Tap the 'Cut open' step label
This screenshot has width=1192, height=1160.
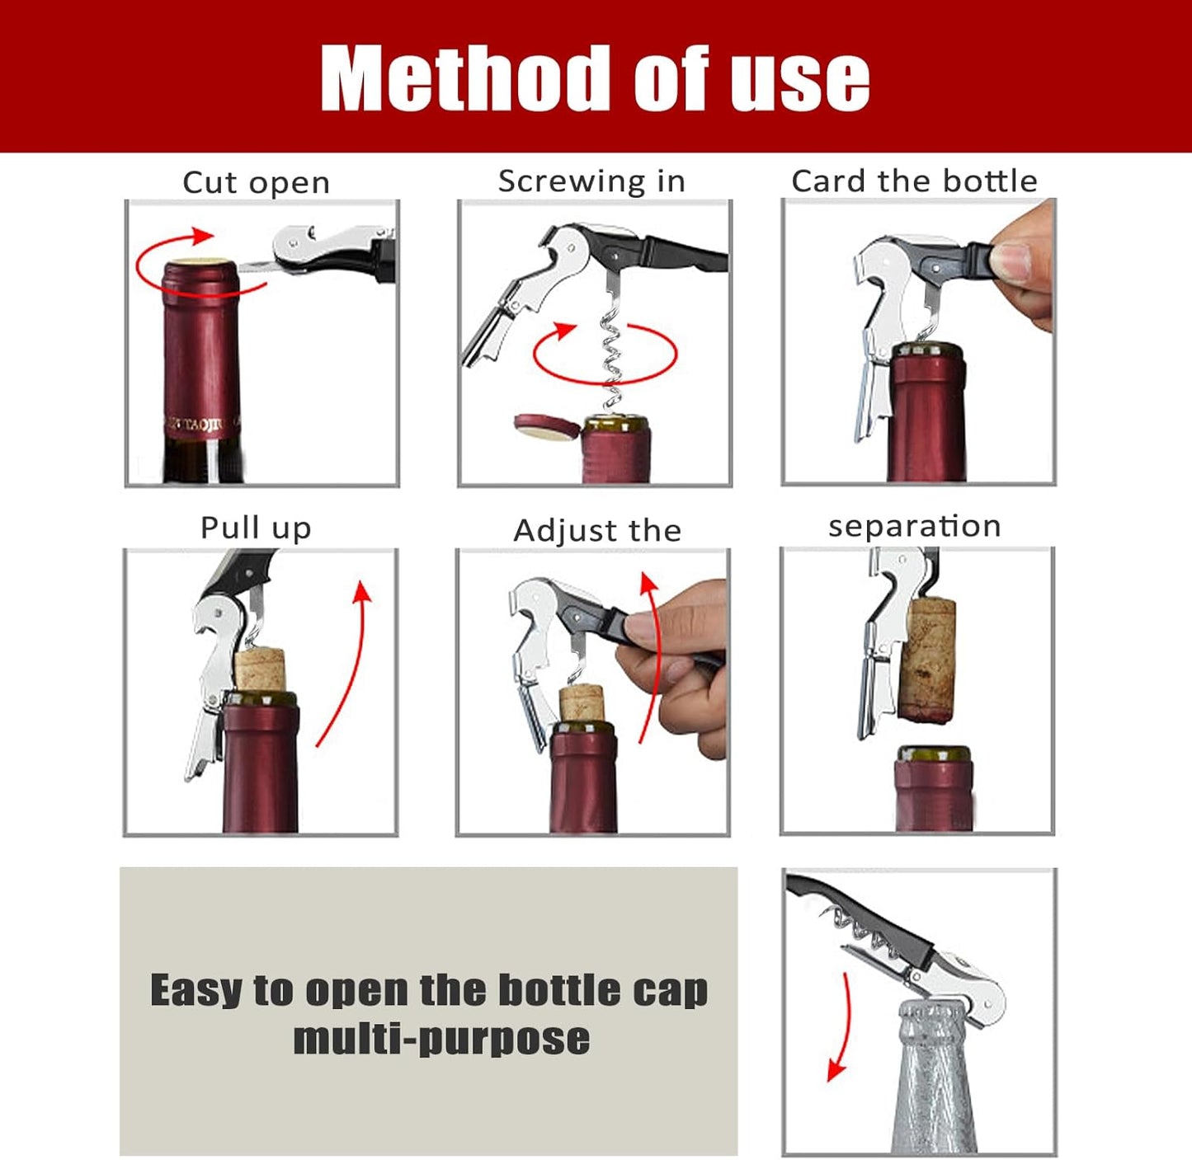pyautogui.click(x=256, y=182)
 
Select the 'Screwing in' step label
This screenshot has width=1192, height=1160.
pyautogui.click(x=591, y=181)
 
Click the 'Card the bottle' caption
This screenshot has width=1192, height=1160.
pyautogui.click(x=914, y=181)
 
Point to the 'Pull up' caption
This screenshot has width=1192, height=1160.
pyautogui.click(x=256, y=528)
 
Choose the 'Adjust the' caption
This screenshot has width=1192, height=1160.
pyautogui.click(x=597, y=530)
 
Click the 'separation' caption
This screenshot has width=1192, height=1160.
pyautogui.click(x=914, y=526)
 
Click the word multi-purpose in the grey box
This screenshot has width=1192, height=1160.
pyautogui.click(x=441, y=1039)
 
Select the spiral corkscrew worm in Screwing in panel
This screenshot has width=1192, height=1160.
pyautogui.click(x=610, y=355)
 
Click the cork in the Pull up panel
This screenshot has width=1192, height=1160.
pyautogui.click(x=260, y=669)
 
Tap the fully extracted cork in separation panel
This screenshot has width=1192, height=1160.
pyautogui.click(x=928, y=660)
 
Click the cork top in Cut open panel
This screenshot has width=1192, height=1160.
pyautogui.click(x=200, y=264)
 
